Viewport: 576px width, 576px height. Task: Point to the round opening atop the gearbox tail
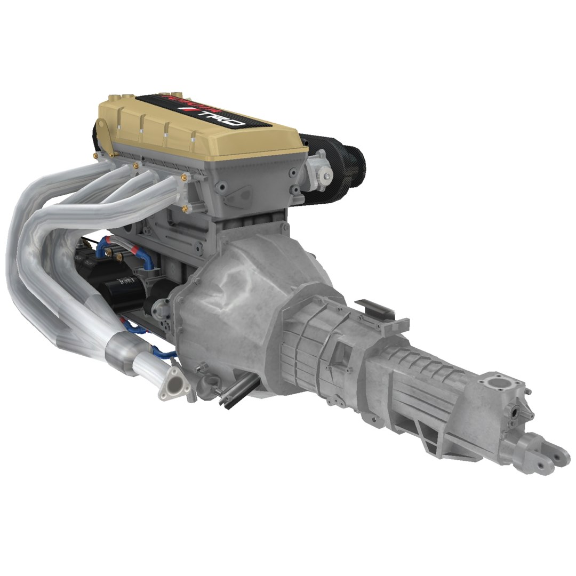[x=500, y=386]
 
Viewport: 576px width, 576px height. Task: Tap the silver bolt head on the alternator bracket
[x=324, y=175]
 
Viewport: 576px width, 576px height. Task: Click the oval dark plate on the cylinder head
[x=237, y=197]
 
